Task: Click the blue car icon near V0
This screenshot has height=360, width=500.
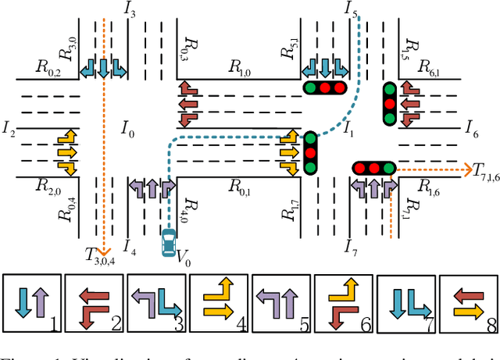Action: pyautogui.click(x=168, y=243)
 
